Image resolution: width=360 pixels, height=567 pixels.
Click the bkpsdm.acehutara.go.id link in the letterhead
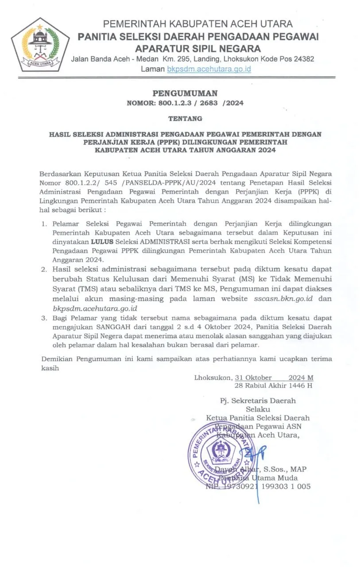(x=209, y=69)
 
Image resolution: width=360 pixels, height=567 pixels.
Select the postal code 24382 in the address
(x=302, y=58)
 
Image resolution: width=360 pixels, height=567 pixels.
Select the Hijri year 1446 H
(x=296, y=385)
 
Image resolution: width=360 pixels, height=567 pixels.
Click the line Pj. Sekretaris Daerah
(x=258, y=400)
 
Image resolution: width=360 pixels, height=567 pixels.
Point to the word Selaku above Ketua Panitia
(x=258, y=409)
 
